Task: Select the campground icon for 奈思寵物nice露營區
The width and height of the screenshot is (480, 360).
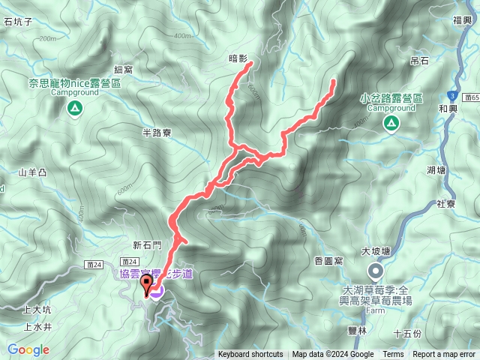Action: pyautogui.click(x=75, y=109)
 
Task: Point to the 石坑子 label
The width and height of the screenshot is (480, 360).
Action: pyautogui.click(x=18, y=22)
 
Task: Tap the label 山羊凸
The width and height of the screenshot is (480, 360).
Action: pyautogui.click(x=33, y=172)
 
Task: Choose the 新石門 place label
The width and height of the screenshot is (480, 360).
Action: pyautogui.click(x=147, y=244)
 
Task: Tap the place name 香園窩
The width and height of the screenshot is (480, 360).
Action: pyautogui.click(x=328, y=259)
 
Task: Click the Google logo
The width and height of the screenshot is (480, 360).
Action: pyautogui.click(x=28, y=349)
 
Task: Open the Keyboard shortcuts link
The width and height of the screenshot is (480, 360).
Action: pyautogui.click(x=250, y=355)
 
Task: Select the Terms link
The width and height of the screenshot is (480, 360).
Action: pyautogui.click(x=393, y=355)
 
